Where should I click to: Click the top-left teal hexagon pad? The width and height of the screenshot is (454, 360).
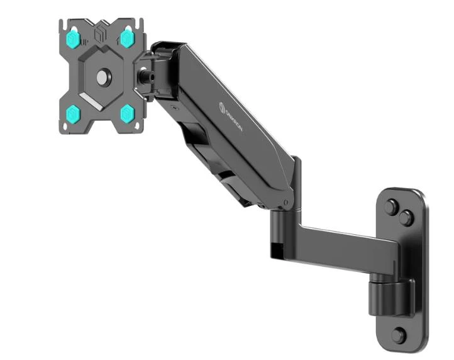74,39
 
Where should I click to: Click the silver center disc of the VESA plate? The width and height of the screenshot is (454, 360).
101,77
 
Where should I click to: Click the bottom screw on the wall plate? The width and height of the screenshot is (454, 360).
398,334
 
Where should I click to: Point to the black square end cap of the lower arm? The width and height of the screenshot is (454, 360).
275,248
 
